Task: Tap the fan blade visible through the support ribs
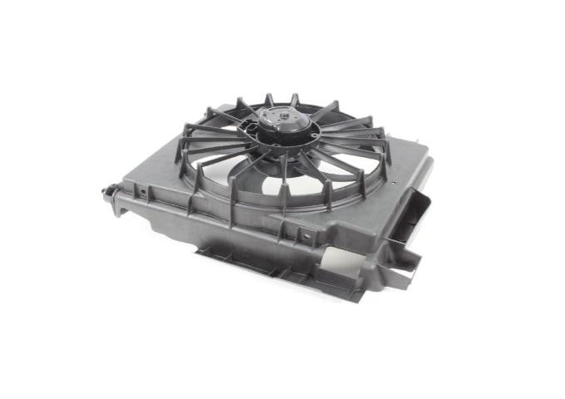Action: pyautogui.click(x=258, y=170)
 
